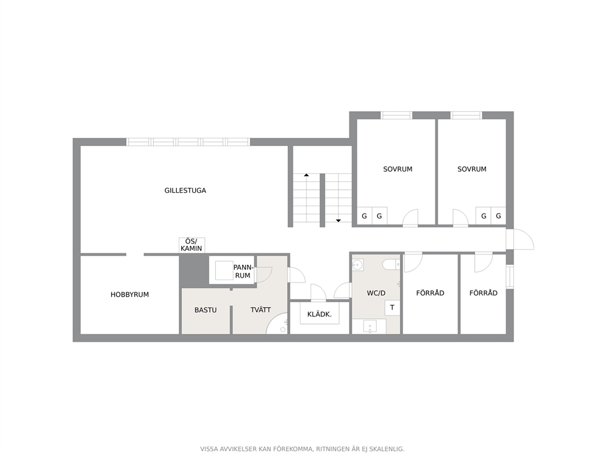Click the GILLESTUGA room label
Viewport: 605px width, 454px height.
(185, 190)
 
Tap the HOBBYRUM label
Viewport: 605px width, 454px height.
(130, 295)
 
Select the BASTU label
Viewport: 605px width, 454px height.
(206, 310)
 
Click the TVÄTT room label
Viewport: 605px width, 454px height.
(260, 309)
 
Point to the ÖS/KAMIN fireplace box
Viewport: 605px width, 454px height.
(192, 245)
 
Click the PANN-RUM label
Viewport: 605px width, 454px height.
(243, 272)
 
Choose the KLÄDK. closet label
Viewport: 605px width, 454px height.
(320, 314)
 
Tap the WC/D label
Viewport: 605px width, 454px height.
(376, 293)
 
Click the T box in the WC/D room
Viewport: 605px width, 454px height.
(392, 308)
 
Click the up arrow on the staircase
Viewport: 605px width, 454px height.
(306, 175)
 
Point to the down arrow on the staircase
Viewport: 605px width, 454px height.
(338, 220)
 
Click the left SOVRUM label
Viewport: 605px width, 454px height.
(398, 169)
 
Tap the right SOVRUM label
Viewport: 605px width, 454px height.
(472, 169)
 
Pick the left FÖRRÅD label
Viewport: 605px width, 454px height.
(430, 293)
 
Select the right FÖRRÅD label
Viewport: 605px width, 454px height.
(484, 293)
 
